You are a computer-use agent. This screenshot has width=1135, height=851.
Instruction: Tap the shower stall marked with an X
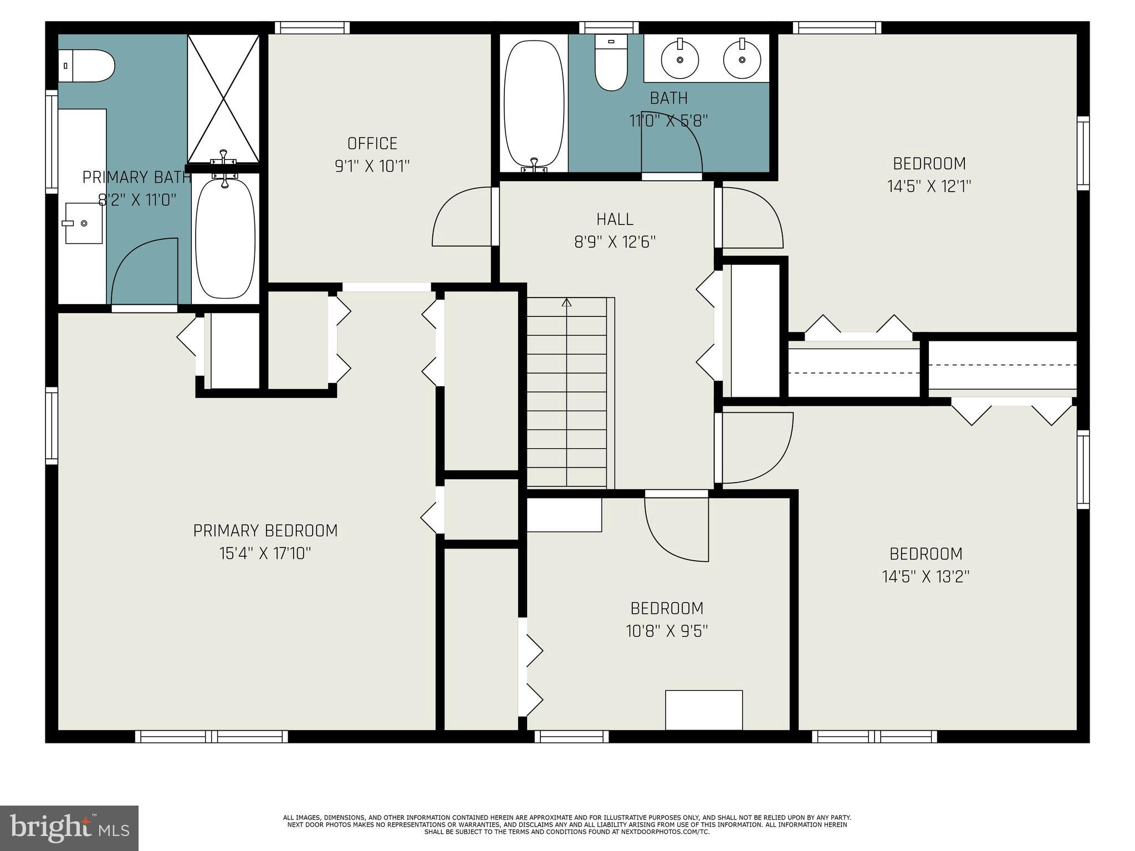tap(223, 99)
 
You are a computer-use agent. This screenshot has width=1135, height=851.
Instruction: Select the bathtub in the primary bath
tap(226, 238)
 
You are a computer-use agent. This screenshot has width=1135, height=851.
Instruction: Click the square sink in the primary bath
tap(84, 223)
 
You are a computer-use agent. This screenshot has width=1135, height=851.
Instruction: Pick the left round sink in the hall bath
tap(679, 59)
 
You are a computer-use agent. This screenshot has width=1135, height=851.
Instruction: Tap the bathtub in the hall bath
tap(534, 102)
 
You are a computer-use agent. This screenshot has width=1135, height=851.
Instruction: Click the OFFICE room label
tap(372, 143)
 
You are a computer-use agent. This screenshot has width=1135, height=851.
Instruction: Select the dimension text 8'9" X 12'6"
tap(615, 242)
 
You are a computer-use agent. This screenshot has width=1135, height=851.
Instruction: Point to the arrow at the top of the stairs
tap(566, 303)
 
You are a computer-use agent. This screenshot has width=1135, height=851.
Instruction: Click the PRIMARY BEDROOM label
tap(265, 531)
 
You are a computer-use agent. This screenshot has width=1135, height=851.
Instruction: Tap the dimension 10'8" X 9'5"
tap(667, 631)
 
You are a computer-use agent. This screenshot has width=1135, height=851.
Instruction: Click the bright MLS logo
tap(69, 828)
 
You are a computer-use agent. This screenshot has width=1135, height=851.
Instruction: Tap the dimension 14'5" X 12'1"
tap(929, 186)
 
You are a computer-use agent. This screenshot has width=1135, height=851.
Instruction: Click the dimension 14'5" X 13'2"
tap(926, 577)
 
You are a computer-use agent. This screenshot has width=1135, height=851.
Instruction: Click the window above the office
tap(312, 28)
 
